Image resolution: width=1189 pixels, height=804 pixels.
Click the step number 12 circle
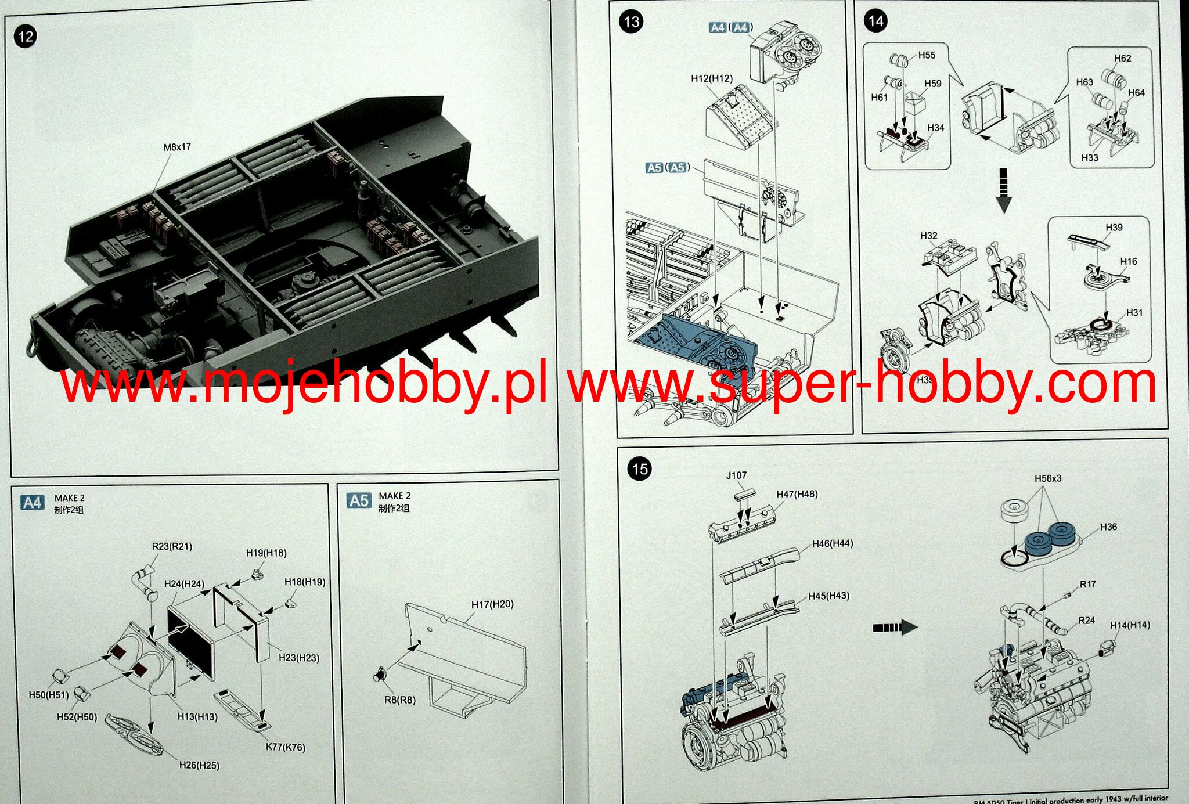point(26,37)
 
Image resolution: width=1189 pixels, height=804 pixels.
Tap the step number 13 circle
point(631,22)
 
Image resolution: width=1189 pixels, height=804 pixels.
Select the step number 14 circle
point(875,21)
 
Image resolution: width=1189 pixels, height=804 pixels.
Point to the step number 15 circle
point(639,469)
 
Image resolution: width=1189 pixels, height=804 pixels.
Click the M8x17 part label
point(177,147)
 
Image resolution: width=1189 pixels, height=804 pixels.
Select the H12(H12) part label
point(712,78)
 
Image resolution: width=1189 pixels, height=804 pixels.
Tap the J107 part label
point(736,475)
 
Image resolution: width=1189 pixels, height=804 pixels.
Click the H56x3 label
point(1047,478)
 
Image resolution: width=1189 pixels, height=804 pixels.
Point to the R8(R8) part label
point(400,700)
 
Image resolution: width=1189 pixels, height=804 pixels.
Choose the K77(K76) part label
point(285,747)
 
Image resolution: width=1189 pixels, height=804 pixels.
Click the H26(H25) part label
point(199,765)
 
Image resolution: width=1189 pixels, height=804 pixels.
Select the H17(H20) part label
point(492,604)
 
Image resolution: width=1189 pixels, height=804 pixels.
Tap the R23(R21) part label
point(172,546)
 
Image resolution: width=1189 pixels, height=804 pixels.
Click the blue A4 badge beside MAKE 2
point(32,503)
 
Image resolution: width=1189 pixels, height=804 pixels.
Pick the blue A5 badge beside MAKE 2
point(359,500)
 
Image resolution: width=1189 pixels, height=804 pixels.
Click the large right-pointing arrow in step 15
point(895,627)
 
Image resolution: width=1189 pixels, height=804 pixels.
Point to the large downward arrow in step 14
point(1003,191)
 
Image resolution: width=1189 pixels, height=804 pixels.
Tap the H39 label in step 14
point(1114,228)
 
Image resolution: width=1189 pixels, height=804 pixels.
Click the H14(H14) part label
point(1130,625)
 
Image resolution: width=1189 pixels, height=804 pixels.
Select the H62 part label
point(1122,59)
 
